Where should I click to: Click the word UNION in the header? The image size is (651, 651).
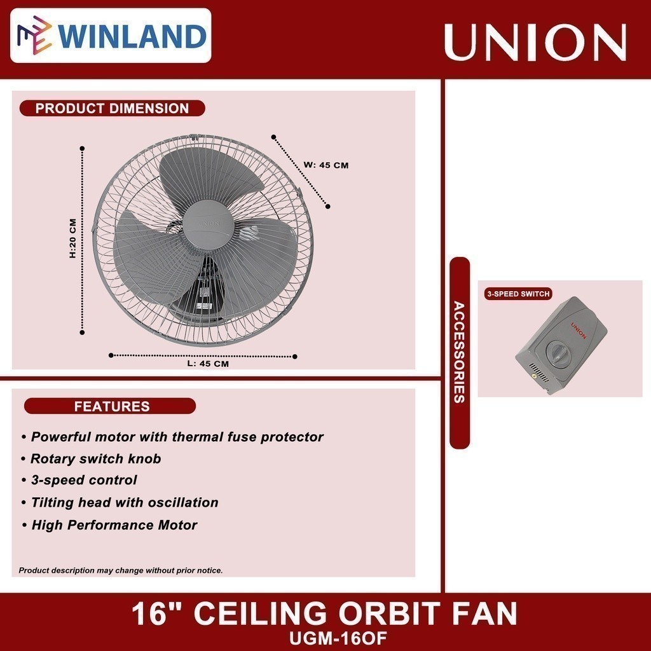[535, 42]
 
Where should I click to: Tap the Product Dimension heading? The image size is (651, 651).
[112, 108]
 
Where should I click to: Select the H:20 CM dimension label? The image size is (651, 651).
[72, 238]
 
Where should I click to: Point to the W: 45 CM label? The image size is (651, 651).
[326, 165]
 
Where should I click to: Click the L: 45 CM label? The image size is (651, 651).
[207, 364]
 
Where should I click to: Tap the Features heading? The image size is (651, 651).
[112, 406]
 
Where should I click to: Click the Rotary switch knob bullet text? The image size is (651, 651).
[96, 459]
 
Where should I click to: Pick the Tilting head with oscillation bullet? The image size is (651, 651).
[125, 503]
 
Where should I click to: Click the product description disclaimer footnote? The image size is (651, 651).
[121, 570]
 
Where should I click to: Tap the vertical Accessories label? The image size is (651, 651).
[459, 353]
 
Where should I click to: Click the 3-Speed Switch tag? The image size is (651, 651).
[517, 294]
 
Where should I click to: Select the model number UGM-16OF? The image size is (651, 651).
[325, 636]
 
